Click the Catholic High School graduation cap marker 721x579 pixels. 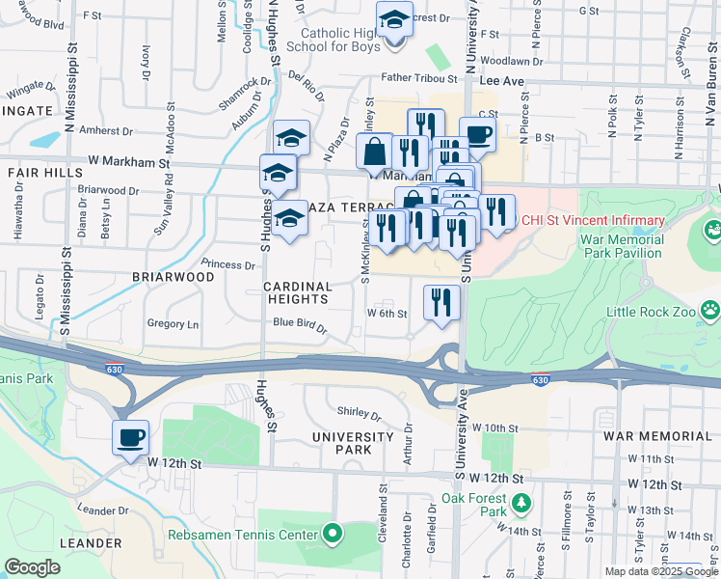pos(394,19)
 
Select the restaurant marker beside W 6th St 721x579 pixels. pos(441,303)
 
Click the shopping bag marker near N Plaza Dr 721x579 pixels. pos(374,152)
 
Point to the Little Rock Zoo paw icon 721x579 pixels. pos(710,311)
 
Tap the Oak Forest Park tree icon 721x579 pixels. pos(521,503)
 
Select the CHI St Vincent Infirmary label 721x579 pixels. pos(593,221)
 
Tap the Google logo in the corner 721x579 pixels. pos(33,567)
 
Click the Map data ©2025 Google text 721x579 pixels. pos(661,571)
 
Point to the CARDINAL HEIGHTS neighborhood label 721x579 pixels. pos(298,293)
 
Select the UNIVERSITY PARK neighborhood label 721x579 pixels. pos(353,444)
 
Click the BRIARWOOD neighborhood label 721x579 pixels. pos(174,276)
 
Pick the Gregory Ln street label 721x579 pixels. pos(173,324)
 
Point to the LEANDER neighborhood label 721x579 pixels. pos(91,543)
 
